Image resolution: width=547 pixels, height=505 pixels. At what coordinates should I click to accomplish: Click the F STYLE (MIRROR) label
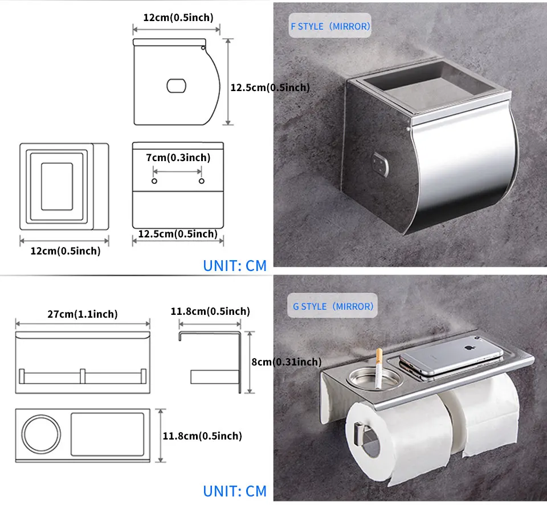click(330, 27)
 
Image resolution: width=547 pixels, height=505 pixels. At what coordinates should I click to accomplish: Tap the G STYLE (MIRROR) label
click(333, 306)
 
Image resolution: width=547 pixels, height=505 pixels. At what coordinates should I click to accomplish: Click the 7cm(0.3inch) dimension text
click(178, 158)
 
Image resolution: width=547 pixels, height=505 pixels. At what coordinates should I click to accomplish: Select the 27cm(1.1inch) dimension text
click(83, 314)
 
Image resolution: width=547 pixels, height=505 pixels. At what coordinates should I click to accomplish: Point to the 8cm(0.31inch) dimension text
click(287, 362)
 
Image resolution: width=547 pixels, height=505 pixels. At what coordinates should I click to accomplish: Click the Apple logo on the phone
click(468, 347)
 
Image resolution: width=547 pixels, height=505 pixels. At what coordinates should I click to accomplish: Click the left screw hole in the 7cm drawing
click(154, 181)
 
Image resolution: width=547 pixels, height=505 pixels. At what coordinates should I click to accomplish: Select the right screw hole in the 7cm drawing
click(201, 181)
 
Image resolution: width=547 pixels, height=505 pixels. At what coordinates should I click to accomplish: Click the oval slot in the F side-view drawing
click(177, 86)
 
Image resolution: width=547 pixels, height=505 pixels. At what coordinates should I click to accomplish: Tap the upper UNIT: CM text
click(235, 265)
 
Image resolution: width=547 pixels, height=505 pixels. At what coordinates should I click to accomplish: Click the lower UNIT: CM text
click(235, 491)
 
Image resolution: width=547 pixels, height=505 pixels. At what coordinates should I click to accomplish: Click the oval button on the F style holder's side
click(380, 164)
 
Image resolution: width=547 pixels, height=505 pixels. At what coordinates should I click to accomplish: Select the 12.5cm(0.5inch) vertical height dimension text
click(270, 87)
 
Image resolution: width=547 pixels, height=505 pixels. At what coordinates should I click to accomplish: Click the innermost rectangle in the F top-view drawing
click(57, 186)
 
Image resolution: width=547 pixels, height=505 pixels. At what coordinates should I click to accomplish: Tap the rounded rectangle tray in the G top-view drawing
click(108, 434)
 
